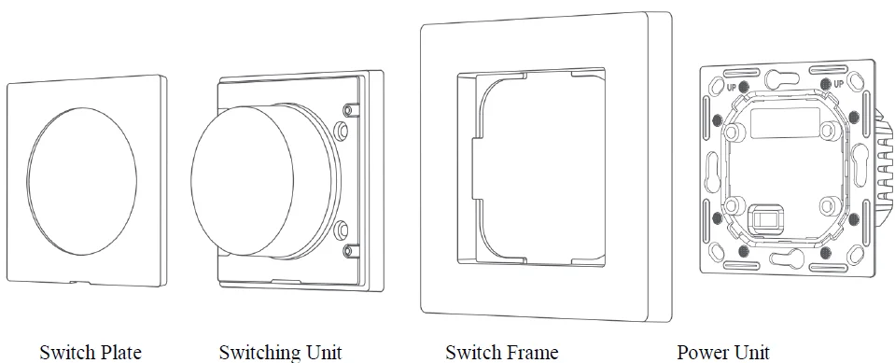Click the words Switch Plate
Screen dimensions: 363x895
pos(91,352)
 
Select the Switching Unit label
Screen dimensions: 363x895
pos(280,352)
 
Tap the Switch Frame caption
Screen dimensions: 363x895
pos(501,352)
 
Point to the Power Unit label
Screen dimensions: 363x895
pos(723,352)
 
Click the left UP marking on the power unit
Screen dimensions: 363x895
pos(733,86)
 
